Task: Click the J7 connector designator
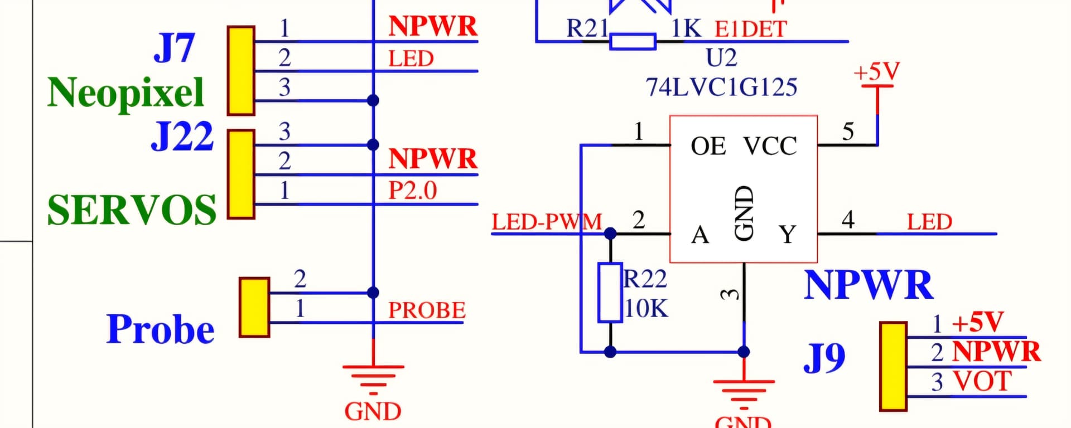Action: (x=174, y=48)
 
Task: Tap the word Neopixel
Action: (x=126, y=93)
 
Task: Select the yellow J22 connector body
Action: (x=241, y=174)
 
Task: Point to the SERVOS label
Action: (x=132, y=210)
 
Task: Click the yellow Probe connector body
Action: (x=254, y=308)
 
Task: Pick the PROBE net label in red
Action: (x=427, y=310)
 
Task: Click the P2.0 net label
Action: (x=413, y=191)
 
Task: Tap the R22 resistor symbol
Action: (x=610, y=293)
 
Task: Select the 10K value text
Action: (x=646, y=309)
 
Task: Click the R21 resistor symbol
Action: (x=633, y=42)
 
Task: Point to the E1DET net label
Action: (x=751, y=29)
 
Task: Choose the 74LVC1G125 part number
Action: (x=721, y=87)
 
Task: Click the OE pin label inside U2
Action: (x=708, y=147)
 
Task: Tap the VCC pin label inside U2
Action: (x=770, y=147)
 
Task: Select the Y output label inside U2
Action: (x=787, y=235)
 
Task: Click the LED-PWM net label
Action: (x=547, y=222)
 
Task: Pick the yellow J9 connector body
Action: (x=893, y=366)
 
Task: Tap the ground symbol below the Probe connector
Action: (x=373, y=376)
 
